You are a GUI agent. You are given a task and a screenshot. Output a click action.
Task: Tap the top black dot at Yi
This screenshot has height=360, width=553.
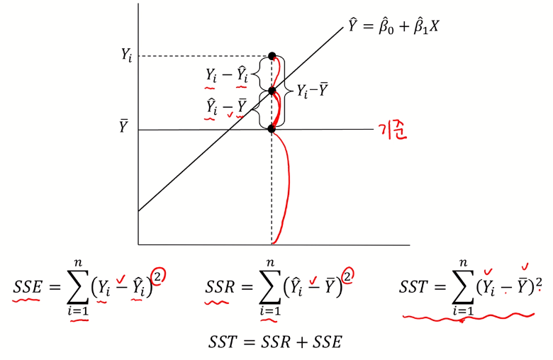pos(272,56)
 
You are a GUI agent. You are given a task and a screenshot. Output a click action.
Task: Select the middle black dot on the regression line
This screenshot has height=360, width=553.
pos(272,91)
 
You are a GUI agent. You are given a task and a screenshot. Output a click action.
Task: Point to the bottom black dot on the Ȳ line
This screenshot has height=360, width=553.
pos(272,129)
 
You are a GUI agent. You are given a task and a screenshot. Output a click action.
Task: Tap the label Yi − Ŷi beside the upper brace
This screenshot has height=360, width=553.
pos(227,74)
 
